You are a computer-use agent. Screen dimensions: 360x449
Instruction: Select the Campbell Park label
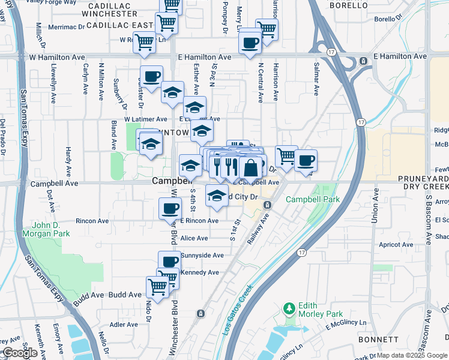312,199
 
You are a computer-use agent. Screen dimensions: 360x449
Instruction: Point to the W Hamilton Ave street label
57,57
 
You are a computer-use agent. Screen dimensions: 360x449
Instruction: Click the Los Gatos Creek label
238,310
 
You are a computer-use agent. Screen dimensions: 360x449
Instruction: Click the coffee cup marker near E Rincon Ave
169,208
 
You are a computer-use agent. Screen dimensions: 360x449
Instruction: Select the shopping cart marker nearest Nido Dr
158,287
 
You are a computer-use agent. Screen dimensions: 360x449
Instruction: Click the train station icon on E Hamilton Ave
363,61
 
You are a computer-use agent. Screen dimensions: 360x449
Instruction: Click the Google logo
20,353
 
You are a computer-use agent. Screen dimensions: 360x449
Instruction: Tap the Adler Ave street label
124,325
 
